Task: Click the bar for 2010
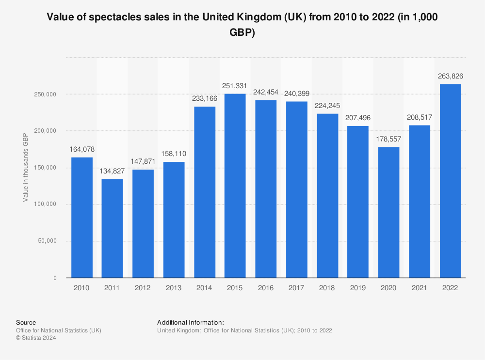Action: click(x=82, y=218)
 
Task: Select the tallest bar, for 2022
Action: click(x=451, y=181)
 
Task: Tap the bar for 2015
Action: click(x=235, y=186)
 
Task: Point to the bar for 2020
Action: click(x=389, y=213)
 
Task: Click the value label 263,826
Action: click(x=451, y=76)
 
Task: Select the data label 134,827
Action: click(x=113, y=171)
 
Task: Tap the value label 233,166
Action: click(x=205, y=98)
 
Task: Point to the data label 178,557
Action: click(x=389, y=139)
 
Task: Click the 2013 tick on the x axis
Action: click(x=174, y=288)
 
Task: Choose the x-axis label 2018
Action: click(x=327, y=288)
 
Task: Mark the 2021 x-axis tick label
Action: click(x=420, y=288)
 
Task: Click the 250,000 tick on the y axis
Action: click(x=48, y=94)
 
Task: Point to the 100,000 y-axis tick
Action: click(x=48, y=204)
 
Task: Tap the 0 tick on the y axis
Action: click(x=55, y=278)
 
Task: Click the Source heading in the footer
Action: click(x=26, y=322)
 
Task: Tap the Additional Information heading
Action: click(x=191, y=322)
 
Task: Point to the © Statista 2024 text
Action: click(x=36, y=338)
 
